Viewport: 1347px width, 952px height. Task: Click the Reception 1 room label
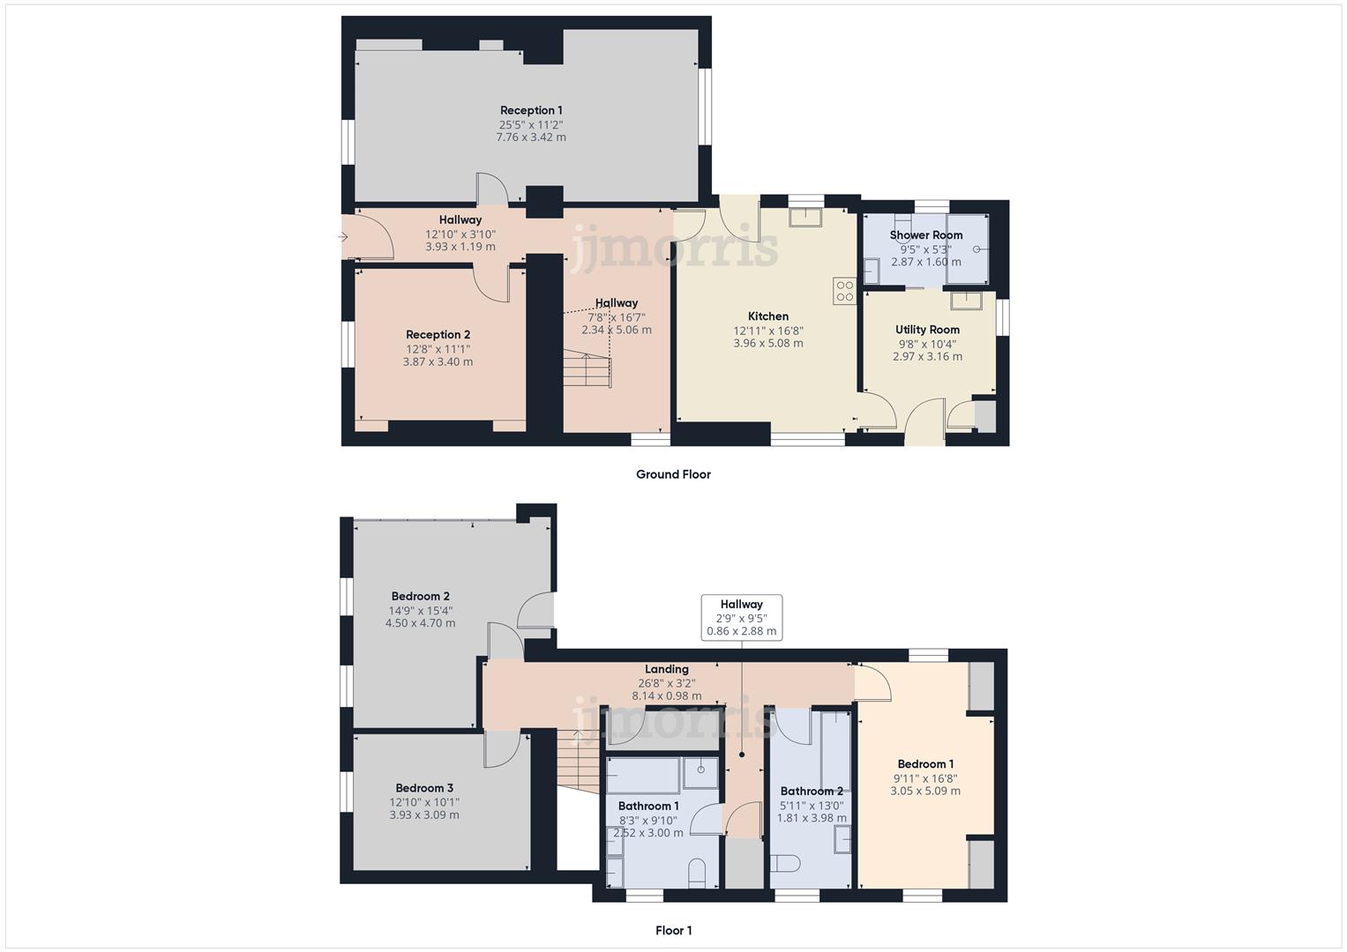pyautogui.click(x=531, y=110)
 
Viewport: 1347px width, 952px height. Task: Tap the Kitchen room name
pyautogui.click(x=768, y=316)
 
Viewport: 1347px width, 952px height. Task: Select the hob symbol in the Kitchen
pyautogui.click(x=844, y=291)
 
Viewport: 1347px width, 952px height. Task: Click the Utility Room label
pyautogui.click(x=927, y=330)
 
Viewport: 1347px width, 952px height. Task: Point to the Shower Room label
pyautogui.click(x=926, y=235)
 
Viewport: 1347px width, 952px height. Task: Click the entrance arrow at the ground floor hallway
pyautogui.click(x=343, y=236)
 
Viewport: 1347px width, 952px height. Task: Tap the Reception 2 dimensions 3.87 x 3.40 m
pyautogui.click(x=438, y=361)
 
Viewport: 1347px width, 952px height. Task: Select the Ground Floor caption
pyautogui.click(x=673, y=474)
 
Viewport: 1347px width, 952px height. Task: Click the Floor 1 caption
pyautogui.click(x=673, y=930)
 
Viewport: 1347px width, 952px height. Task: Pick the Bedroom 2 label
pyautogui.click(x=420, y=597)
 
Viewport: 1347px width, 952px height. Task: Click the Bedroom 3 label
pyautogui.click(x=424, y=788)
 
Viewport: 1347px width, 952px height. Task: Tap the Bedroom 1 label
pyautogui.click(x=925, y=764)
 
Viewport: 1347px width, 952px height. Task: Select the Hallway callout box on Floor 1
pyautogui.click(x=741, y=617)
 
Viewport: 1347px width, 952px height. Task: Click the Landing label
pyautogui.click(x=666, y=669)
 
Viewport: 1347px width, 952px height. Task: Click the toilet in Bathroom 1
pyautogui.click(x=697, y=871)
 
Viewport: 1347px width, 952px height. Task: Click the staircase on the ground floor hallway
pyautogui.click(x=587, y=368)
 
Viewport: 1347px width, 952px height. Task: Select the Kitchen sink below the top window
pyautogui.click(x=805, y=218)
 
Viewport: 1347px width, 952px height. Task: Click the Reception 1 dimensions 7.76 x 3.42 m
pyautogui.click(x=531, y=138)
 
